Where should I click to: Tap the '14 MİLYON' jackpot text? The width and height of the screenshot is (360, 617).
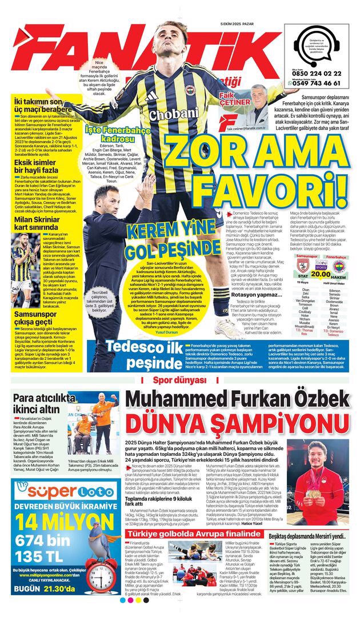[63, 520]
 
